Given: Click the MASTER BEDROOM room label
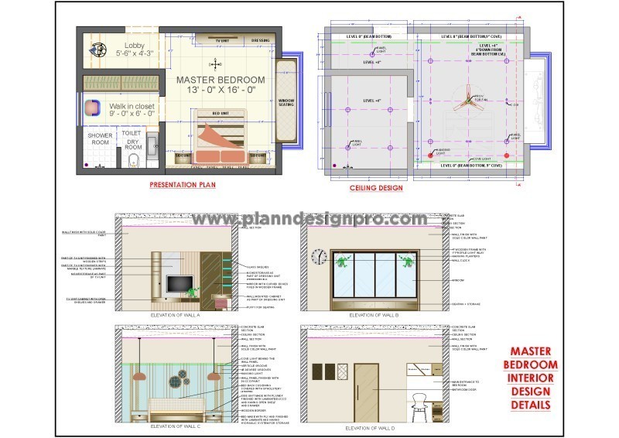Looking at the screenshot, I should pos(221,80).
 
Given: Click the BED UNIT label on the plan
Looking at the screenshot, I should pos(221,114).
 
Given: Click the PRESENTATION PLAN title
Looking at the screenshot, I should pos(183,185).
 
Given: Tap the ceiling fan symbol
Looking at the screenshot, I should pos(467,97).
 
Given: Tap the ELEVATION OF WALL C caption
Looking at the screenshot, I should pos(176,426).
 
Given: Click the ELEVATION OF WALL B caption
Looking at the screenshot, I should pos(374,316).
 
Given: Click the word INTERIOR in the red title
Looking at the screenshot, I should pos(530,378).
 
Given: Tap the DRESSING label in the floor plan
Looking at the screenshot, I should pos(260,40).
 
